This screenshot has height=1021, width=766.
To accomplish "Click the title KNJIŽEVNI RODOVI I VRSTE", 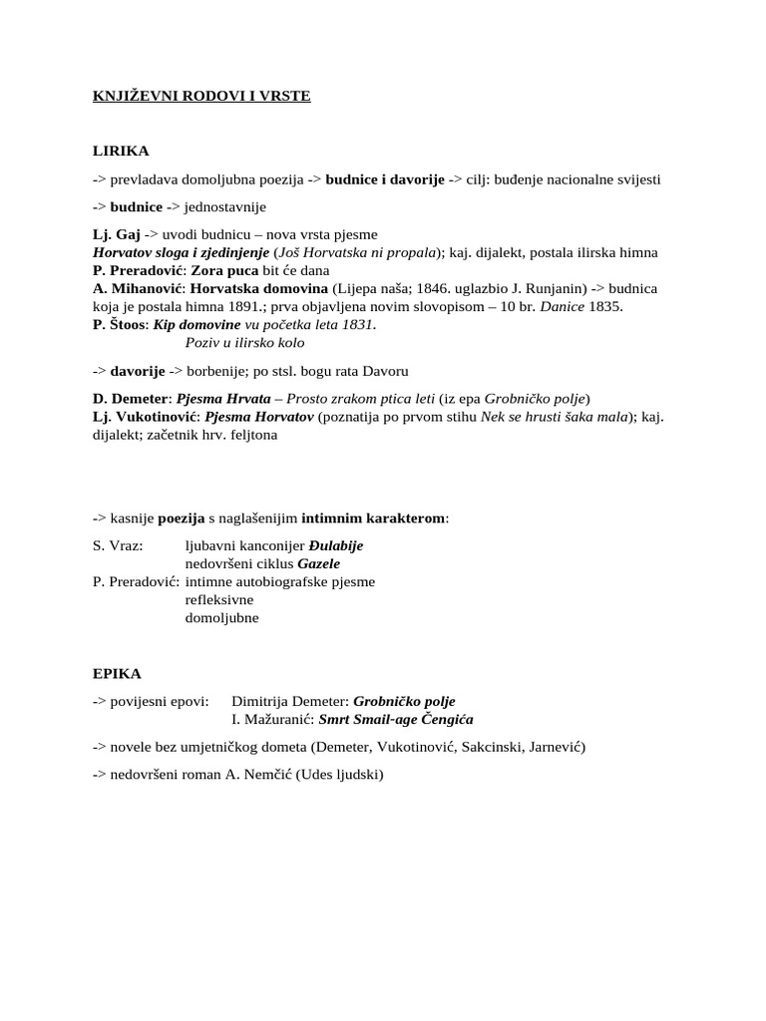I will pos(201,97).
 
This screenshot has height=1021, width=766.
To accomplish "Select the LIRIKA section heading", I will pos(121,151).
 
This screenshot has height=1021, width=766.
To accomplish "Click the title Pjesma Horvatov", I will pos(263,417).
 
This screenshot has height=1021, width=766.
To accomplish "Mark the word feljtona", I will pos(248,435).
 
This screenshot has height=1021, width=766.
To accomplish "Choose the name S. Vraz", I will pos(118,546).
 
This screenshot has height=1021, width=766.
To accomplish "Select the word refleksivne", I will pos(219,600).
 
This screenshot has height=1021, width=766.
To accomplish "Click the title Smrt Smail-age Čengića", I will pos(396,719).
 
